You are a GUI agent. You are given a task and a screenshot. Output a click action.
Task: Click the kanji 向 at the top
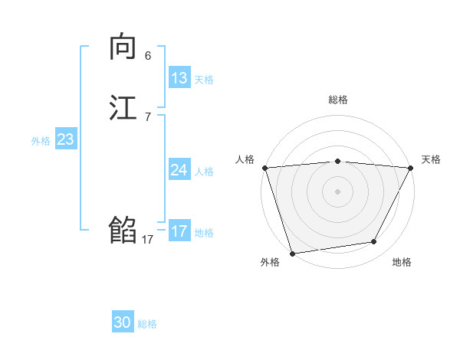[x=123, y=48]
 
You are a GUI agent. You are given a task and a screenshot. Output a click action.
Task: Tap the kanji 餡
[x=123, y=230]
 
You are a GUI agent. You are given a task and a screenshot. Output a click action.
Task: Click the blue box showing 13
[x=179, y=78]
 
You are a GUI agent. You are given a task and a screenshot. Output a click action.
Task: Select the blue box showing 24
[x=179, y=170]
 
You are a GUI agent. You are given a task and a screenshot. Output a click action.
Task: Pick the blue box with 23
[x=66, y=139]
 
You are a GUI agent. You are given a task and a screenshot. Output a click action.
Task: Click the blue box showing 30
[x=123, y=323]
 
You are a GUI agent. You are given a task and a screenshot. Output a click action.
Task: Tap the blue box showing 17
[x=179, y=231]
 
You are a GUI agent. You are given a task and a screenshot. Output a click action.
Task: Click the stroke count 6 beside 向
[x=148, y=56]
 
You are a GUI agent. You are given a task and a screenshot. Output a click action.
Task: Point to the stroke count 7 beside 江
[x=148, y=117]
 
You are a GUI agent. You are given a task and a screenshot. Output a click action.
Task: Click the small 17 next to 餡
[x=148, y=240]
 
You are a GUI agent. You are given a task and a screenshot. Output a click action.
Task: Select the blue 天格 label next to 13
[x=204, y=80]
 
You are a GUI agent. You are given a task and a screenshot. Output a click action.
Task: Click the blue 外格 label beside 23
[x=41, y=141]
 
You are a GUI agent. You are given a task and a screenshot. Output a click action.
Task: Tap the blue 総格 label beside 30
[x=147, y=325]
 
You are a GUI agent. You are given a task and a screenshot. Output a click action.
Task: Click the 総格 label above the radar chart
[x=337, y=100]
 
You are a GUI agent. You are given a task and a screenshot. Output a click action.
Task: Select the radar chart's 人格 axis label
[x=245, y=159]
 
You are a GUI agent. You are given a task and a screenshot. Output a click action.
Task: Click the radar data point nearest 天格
[x=410, y=168]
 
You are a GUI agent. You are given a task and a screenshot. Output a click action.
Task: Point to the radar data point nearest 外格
[x=292, y=253]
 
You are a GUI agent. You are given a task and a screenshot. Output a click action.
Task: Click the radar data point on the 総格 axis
[x=337, y=161]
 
